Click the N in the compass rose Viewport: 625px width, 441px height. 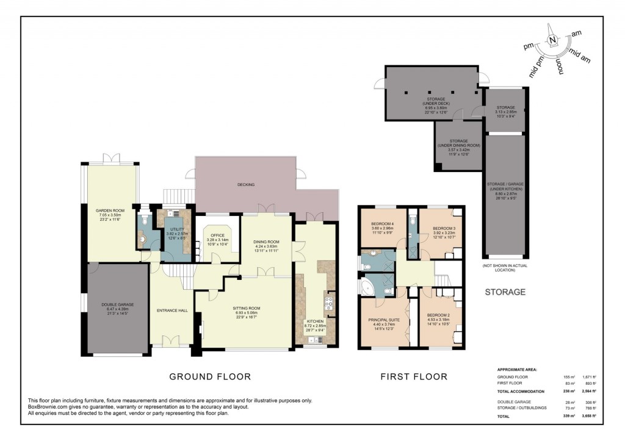point(552,41)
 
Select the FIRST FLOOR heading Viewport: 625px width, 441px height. point(414,376)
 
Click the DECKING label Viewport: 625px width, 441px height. point(246,184)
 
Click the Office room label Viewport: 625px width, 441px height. point(217,237)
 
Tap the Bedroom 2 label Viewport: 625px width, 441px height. point(439,317)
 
